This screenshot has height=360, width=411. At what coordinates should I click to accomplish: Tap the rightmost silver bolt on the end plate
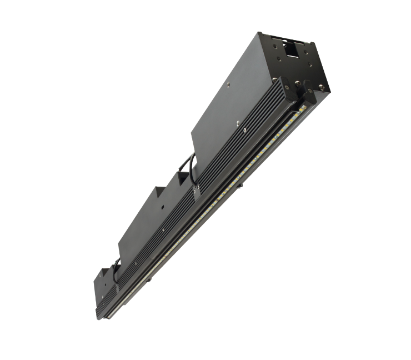tap(321, 87)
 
